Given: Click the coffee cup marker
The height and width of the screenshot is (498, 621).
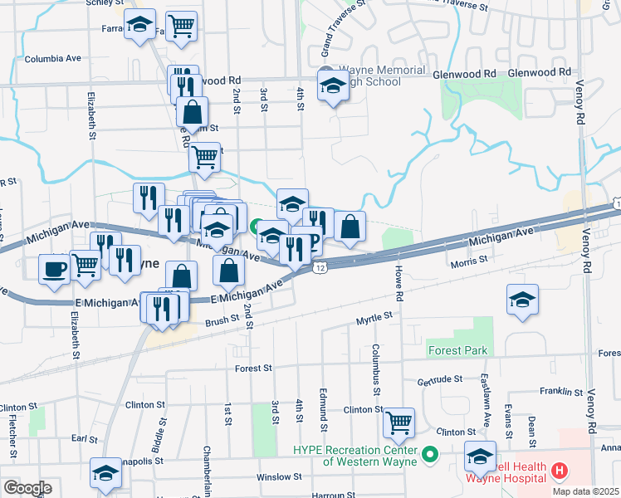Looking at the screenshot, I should click(55, 270).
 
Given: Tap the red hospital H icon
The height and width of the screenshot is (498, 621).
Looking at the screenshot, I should click(559, 471).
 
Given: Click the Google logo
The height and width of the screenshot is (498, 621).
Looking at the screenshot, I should click(27, 488).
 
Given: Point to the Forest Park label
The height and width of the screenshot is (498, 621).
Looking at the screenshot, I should click(457, 350).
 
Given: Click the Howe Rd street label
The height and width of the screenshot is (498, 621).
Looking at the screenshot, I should click(399, 283).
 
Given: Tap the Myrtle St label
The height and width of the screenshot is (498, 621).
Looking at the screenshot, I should click(373, 317).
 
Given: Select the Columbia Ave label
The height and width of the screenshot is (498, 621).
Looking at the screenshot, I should click(52, 59).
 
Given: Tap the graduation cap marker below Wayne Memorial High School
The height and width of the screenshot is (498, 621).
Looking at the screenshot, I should click(333, 86).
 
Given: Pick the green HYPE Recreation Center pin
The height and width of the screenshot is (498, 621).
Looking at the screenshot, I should click(429, 454).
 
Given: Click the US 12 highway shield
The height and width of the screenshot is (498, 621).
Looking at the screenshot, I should click(320, 268).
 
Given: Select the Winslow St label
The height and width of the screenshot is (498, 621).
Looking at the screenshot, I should click(279, 477).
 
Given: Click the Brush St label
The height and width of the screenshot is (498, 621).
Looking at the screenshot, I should click(222, 321).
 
